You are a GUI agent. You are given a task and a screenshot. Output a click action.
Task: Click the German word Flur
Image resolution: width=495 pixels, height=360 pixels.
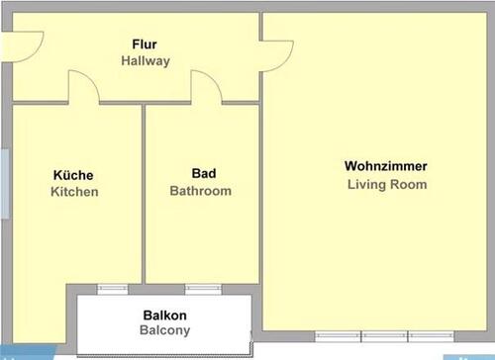tap(146, 45)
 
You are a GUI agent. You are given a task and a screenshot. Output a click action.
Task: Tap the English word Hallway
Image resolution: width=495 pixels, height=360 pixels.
tap(146, 61)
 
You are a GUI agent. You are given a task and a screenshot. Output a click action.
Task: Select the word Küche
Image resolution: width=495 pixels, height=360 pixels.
tap(73, 175)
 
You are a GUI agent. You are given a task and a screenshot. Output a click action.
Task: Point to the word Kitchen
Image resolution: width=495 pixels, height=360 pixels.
tap(74, 192)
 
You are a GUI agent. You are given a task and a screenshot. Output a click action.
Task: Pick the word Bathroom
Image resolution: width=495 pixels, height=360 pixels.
tap(201, 191)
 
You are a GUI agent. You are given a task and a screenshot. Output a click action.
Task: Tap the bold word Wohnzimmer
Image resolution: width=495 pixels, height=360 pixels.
tap(386, 165)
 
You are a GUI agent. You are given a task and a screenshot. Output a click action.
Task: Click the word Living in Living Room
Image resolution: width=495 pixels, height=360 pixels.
tap(366, 184)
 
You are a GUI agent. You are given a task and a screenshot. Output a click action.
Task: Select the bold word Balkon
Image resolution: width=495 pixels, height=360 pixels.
tap(164, 314)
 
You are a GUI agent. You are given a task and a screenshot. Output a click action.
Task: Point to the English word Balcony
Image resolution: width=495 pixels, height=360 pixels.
tap(164, 330)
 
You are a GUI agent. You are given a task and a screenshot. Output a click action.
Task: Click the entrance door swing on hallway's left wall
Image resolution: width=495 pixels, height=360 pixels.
tap(28, 43)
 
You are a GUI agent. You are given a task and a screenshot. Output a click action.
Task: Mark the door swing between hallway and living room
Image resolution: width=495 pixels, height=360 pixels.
tap(278, 53)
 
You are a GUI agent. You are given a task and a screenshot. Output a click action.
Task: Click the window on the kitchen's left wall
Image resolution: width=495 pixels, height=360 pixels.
tap(5, 182)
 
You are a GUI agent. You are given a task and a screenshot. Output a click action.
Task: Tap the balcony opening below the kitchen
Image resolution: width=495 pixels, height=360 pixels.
tap(111, 288)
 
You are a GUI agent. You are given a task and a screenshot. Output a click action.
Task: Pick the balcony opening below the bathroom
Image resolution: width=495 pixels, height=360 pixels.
tap(203, 288)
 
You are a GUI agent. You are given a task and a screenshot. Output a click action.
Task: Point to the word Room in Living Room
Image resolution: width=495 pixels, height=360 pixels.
tap(411, 184)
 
